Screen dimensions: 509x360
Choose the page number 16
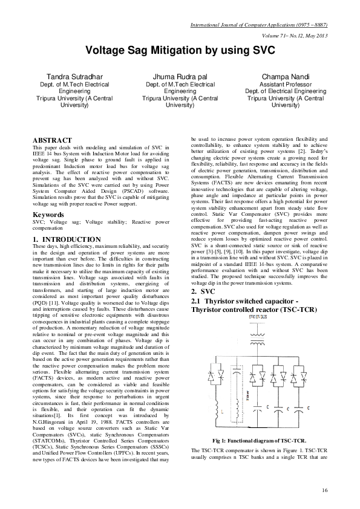tap(325, 489)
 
